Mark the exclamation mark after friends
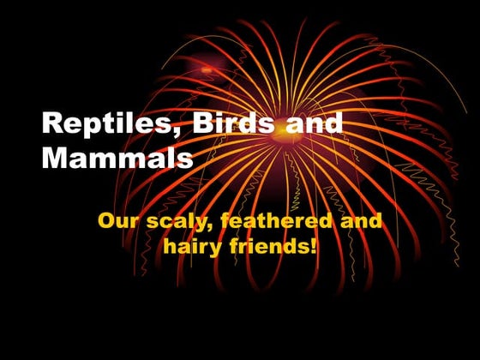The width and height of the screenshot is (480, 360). click(x=315, y=249)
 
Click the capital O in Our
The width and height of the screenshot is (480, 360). click(x=107, y=221)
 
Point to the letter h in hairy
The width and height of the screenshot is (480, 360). click(x=169, y=249)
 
